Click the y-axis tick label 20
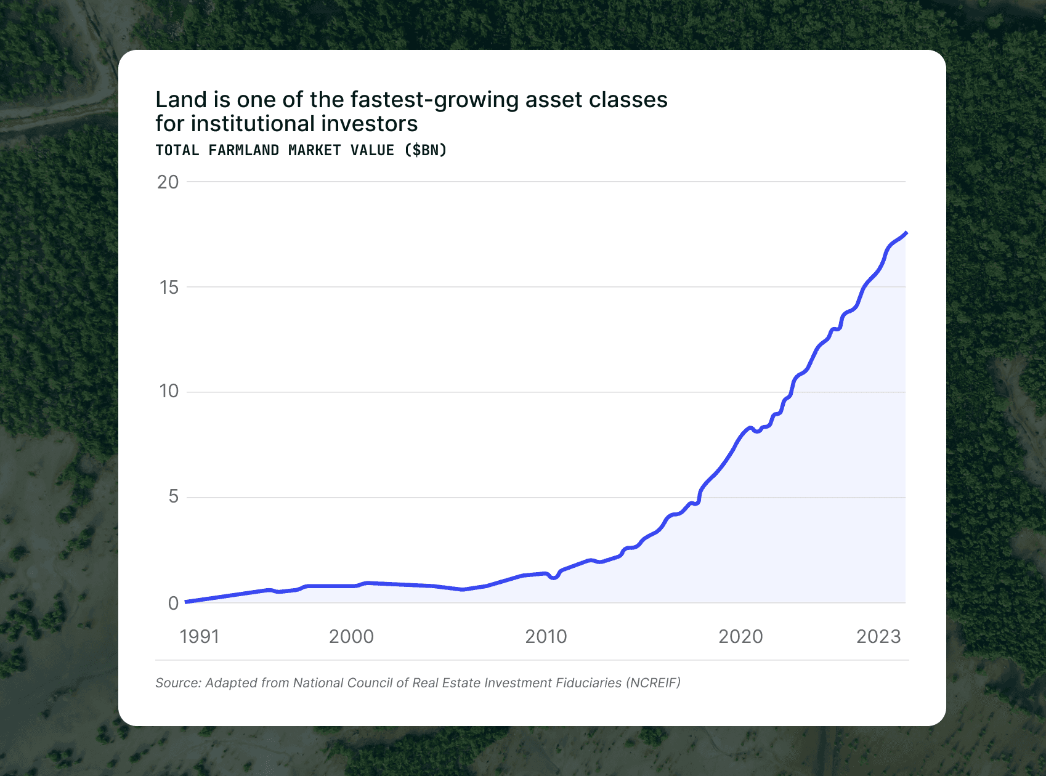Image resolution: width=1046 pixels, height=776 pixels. pyautogui.click(x=168, y=182)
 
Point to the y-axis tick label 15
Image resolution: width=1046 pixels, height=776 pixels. pyautogui.click(x=168, y=288)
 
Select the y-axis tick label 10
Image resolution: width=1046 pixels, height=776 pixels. pyautogui.click(x=168, y=392)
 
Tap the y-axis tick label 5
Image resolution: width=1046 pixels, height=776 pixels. pyautogui.click(x=173, y=497)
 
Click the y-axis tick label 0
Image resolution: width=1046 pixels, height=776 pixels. pyautogui.click(x=173, y=604)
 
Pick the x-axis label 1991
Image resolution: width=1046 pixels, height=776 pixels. pyautogui.click(x=199, y=637)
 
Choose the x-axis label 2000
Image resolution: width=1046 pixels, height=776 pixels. pyautogui.click(x=351, y=637)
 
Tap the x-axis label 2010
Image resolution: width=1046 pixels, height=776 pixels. pyautogui.click(x=546, y=637)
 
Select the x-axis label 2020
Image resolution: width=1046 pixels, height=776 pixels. pyautogui.click(x=740, y=637)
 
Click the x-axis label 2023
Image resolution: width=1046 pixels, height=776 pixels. pyautogui.click(x=878, y=637)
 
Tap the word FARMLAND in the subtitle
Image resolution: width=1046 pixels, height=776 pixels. pyautogui.click(x=243, y=150)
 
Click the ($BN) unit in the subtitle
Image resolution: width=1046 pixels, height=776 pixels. pyautogui.click(x=426, y=150)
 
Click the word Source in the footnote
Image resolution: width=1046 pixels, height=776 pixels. pyautogui.click(x=178, y=683)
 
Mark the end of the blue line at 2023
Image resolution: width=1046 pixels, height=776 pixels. pyautogui.click(x=906, y=233)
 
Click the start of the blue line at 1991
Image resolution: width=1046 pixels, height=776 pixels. pyautogui.click(x=187, y=602)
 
